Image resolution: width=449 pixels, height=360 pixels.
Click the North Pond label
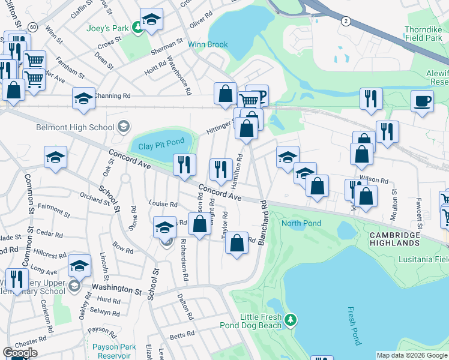click(301, 223)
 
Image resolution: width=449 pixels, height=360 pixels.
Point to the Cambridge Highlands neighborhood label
click(394, 239)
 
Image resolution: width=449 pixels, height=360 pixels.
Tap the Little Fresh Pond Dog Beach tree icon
click(291, 320)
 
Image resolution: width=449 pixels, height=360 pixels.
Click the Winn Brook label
click(208, 44)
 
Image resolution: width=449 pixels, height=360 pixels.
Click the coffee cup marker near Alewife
click(422, 100)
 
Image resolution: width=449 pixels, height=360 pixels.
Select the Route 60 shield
click(32, 27)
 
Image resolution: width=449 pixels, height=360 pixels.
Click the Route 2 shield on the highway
click(346, 21)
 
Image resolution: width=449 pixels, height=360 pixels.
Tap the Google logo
click(20, 353)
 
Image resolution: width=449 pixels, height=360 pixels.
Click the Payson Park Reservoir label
click(112, 351)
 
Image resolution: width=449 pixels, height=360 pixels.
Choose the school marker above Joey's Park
click(151, 19)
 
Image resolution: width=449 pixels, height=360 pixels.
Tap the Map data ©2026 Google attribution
click(412, 355)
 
